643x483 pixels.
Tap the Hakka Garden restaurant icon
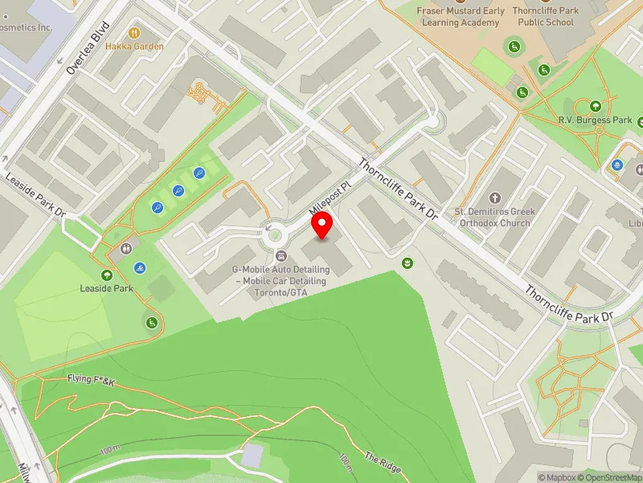pyautogui.click(x=135, y=33)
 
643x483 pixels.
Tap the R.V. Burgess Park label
pyautogui.click(x=596, y=120)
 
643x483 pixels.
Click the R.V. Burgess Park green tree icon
pyautogui.click(x=596, y=105)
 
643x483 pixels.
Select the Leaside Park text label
pyautogui.click(x=106, y=288)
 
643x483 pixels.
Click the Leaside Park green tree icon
pyautogui.click(x=106, y=275)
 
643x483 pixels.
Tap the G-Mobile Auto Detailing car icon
pyautogui.click(x=281, y=255)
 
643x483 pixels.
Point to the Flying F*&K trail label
pyautogui.click(x=92, y=379)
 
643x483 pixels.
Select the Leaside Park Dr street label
pyautogui.click(x=35, y=196)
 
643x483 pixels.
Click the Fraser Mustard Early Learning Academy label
pyautogui.click(x=461, y=16)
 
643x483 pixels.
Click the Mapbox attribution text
pyautogui.click(x=557, y=477)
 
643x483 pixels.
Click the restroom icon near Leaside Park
pyautogui.click(x=125, y=249)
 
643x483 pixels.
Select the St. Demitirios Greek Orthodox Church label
pyautogui.click(x=494, y=217)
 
